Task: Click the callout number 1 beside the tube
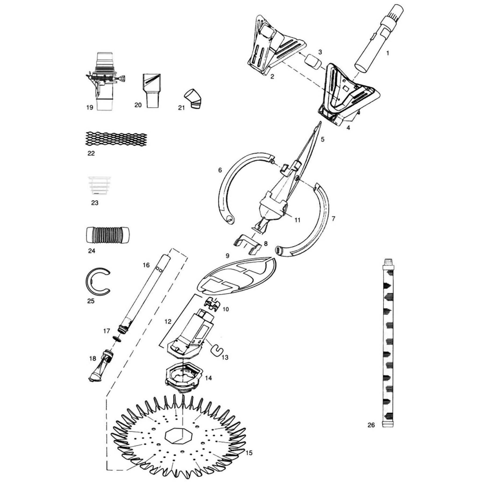click(387, 53)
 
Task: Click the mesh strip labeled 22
click(116, 139)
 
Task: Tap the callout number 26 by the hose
click(371, 433)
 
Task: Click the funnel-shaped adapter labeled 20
click(152, 90)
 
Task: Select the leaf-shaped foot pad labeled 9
click(237, 276)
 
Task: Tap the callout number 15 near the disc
click(249, 453)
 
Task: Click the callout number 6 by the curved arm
click(220, 170)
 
